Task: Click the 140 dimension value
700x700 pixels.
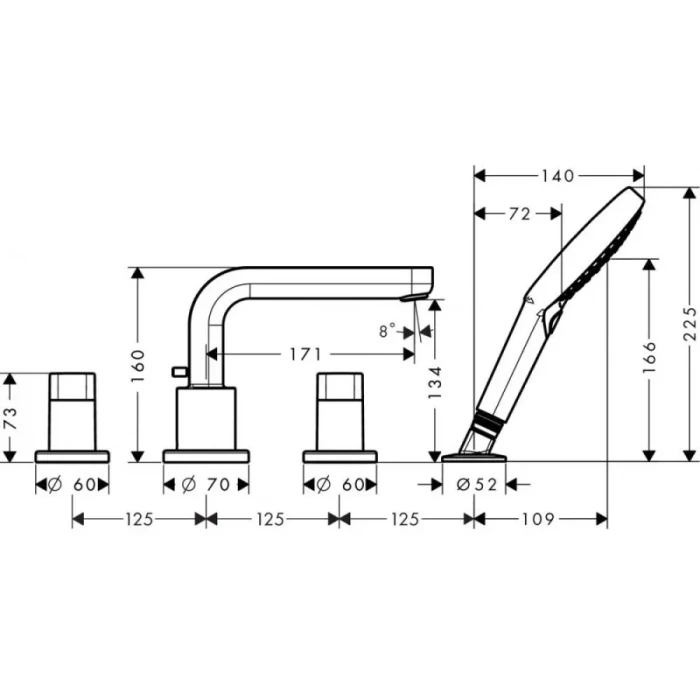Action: click(x=558, y=176)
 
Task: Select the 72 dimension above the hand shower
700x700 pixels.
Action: click(x=517, y=213)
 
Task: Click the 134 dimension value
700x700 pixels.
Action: click(x=434, y=381)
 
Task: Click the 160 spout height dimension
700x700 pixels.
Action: click(x=138, y=364)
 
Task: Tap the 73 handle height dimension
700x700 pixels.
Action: click(x=11, y=417)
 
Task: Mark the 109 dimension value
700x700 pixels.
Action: click(x=540, y=519)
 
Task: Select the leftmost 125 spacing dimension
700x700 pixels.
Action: click(x=139, y=519)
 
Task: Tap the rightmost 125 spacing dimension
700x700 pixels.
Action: click(x=406, y=519)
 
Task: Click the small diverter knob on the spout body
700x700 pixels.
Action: click(x=179, y=372)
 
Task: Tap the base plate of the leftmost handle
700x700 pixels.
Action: click(x=72, y=456)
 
